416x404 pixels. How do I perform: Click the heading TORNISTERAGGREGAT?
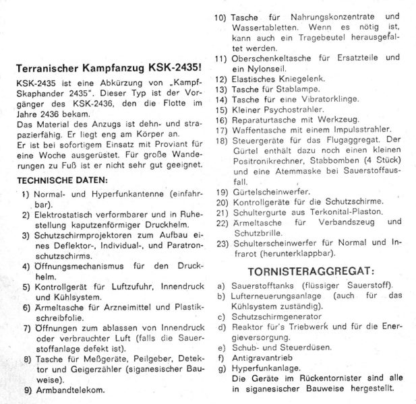pos(301,271)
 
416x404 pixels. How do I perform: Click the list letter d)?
pos(220,327)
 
